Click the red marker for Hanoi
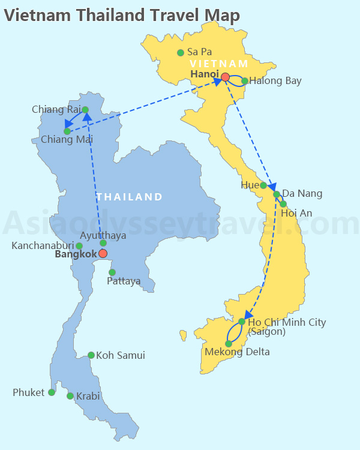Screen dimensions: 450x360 225,77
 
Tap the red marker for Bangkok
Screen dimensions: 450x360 103,254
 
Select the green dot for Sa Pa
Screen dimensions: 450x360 181,53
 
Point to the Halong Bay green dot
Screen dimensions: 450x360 245,81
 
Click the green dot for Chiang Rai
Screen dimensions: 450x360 85,110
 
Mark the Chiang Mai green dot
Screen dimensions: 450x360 67,131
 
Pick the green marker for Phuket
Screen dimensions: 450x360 52,392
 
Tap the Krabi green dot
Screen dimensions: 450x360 70,396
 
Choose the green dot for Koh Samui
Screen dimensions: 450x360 91,355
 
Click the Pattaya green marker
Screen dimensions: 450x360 112,272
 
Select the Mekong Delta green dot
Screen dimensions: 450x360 229,344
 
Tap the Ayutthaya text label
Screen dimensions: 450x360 103,235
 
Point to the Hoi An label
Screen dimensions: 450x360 296,212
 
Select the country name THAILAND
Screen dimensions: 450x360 130,197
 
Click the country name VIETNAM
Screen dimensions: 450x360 218,64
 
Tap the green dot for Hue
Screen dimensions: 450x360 263,185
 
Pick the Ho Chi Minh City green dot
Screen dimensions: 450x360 242,322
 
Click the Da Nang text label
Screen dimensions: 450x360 302,193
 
